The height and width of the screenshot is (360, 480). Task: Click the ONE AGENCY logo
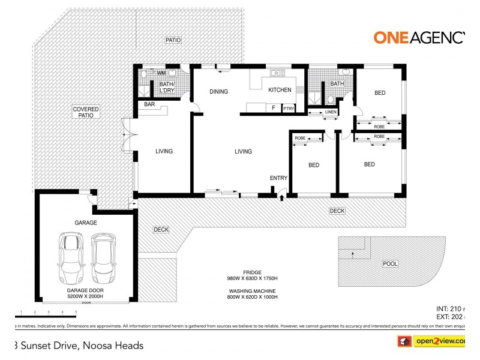coord(420,37)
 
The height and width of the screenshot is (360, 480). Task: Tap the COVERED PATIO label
coord(86,112)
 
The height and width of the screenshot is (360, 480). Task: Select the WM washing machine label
coord(161,73)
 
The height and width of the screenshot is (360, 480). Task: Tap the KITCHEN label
coord(280,90)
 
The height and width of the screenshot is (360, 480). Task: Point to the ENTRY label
coord(279,178)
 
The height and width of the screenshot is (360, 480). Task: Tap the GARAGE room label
coord(86,223)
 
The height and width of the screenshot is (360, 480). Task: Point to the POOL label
coord(390,263)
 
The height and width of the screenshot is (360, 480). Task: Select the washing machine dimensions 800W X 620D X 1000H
coord(252,297)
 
